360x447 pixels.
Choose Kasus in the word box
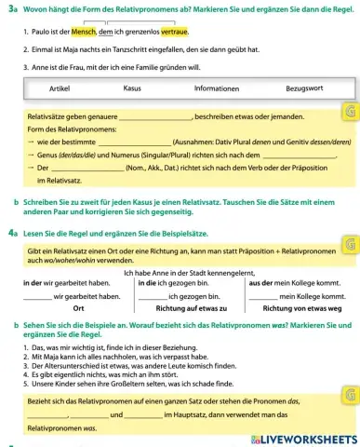coord(131,88)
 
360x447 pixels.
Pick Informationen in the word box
coord(211,88)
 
